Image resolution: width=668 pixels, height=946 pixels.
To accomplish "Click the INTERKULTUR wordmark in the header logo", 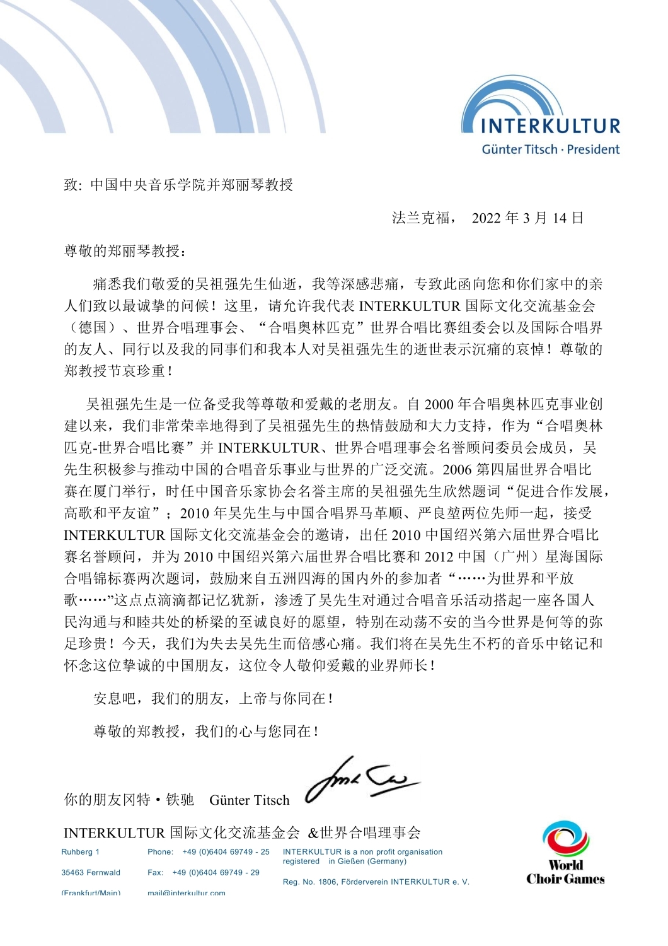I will click(x=550, y=125).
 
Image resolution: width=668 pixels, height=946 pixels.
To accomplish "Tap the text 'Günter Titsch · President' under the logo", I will click(x=550, y=149).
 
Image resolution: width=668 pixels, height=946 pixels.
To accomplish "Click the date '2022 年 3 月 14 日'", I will click(x=527, y=218).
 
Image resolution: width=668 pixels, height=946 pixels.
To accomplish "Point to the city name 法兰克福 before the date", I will click(x=421, y=218).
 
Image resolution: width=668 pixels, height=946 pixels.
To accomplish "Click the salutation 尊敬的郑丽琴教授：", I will click(x=125, y=250).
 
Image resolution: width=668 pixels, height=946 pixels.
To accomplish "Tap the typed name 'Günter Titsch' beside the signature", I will click(x=249, y=800).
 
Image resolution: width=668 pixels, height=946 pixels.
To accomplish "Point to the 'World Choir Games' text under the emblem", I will click(x=565, y=872).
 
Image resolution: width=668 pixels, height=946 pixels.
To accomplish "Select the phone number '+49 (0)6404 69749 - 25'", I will click(x=226, y=852).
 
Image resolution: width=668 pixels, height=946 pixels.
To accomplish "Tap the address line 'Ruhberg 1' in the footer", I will click(x=80, y=852).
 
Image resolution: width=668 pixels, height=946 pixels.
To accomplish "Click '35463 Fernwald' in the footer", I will click(x=91, y=873).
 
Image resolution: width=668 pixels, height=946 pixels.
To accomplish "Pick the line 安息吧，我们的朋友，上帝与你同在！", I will click(x=213, y=698).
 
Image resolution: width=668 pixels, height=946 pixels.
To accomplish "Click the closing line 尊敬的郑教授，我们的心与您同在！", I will click(x=206, y=731).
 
